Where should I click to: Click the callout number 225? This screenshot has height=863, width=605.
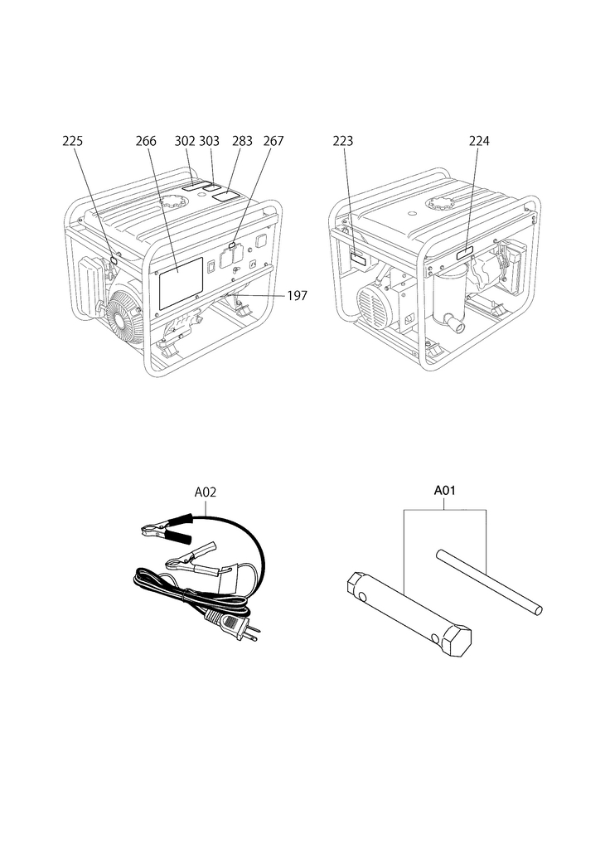tap(73, 141)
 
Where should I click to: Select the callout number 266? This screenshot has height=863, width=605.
tap(146, 141)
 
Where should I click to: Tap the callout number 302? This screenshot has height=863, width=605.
tap(185, 141)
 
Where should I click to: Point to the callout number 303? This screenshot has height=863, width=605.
tap(209, 141)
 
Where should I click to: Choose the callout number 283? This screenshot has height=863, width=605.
tap(242, 141)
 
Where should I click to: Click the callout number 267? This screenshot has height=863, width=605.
tap(273, 141)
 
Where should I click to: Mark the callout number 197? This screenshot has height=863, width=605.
tap(297, 296)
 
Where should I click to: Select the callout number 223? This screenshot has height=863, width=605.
tap(342, 141)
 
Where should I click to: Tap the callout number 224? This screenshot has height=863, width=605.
tap(479, 141)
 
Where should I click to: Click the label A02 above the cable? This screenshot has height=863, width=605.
tap(206, 492)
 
